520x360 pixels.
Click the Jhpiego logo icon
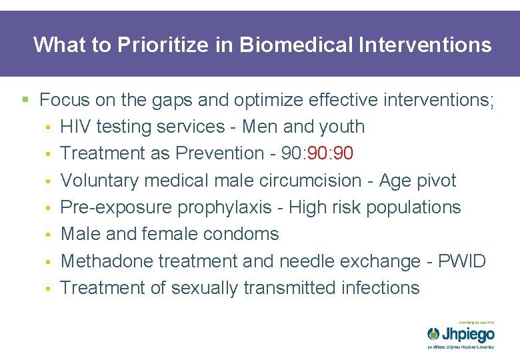[433, 333]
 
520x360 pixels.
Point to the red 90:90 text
[329, 153]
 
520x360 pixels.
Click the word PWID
[462, 261]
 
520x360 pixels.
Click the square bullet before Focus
[25, 101]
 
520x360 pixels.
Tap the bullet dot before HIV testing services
[49, 127]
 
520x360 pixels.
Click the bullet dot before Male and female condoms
[49, 235]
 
